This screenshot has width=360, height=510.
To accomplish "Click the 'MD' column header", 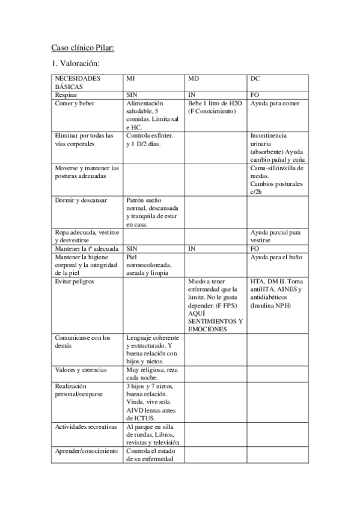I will (193, 79).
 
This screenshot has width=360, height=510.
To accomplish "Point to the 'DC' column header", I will (255, 79).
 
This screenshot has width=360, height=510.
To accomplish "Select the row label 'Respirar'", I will (66, 95).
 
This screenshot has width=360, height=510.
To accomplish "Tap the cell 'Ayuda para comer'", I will (274, 103).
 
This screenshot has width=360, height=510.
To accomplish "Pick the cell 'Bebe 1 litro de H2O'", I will (215, 103).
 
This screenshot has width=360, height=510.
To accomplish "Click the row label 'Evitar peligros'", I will (74, 281).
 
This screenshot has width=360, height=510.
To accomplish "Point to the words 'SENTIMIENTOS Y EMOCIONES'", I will (215, 325).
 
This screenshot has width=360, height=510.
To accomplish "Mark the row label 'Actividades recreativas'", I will (85, 426).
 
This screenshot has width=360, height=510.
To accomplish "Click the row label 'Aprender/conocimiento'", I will (85, 451).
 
